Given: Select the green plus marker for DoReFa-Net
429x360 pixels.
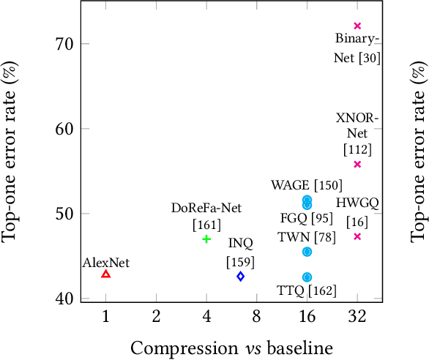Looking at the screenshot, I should tap(206, 239).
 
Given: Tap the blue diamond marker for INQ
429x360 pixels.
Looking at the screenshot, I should tap(240, 276).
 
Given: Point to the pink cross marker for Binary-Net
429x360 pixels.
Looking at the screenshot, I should tap(357, 26).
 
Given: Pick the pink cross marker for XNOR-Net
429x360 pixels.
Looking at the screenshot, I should tap(357, 164).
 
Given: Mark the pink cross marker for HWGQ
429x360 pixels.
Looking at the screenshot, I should tap(357, 236).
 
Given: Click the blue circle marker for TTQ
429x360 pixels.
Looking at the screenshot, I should tap(307, 277).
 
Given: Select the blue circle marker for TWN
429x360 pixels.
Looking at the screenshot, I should tap(307, 251).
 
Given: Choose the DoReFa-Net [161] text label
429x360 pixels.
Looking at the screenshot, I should tap(206, 215).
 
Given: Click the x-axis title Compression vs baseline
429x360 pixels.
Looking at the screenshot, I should tap(231, 346).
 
